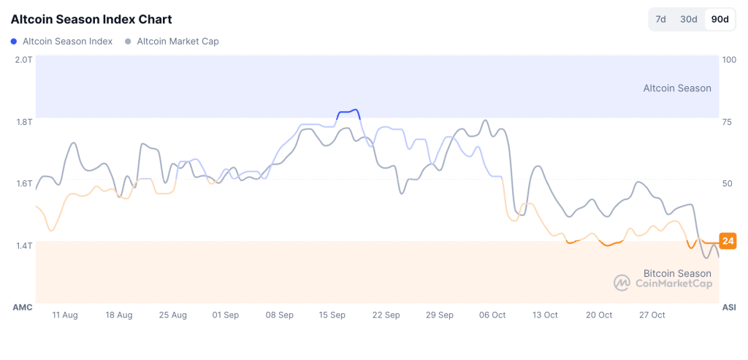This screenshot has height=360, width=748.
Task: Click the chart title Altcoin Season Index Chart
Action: (x=91, y=19)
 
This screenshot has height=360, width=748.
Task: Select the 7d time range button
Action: (x=660, y=19)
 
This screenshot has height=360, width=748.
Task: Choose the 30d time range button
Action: (x=688, y=19)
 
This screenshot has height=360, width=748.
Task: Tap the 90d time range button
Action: (x=720, y=19)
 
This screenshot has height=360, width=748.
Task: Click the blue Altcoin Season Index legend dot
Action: (x=14, y=42)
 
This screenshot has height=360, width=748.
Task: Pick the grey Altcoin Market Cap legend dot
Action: (x=129, y=42)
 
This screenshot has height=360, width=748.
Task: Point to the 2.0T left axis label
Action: (x=23, y=59)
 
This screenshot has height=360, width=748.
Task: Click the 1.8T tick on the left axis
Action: (x=23, y=121)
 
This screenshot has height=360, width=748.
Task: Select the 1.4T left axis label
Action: (x=23, y=245)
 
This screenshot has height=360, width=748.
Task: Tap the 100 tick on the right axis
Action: (x=728, y=59)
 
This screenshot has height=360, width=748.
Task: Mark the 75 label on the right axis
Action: (x=726, y=121)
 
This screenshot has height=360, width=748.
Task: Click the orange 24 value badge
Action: (x=728, y=241)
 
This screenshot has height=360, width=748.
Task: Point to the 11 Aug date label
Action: (x=65, y=315)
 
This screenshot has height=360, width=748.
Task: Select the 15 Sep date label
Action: (x=332, y=315)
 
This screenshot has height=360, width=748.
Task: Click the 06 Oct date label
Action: (x=492, y=315)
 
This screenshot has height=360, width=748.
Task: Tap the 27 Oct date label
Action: (x=652, y=315)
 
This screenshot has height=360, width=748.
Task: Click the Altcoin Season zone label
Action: (x=676, y=88)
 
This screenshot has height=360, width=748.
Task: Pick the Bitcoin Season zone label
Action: (x=677, y=273)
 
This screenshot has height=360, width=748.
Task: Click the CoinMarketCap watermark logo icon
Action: (x=622, y=283)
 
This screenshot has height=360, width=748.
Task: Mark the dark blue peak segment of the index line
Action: (x=348, y=112)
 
